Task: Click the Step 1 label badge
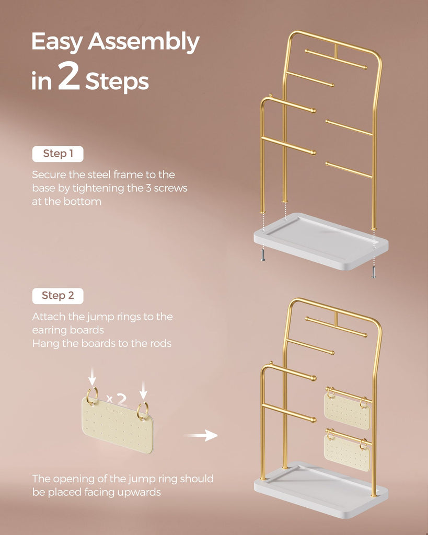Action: (57, 154)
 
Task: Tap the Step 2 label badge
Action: (57, 296)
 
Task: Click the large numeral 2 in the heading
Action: (69, 76)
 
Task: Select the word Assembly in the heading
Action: (143, 42)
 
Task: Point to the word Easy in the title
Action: (57, 42)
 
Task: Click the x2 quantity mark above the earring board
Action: (117, 399)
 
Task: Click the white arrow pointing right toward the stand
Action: (201, 435)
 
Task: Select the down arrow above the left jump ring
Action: (92, 377)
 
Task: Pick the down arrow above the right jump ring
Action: (143, 391)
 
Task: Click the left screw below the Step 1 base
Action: (263, 255)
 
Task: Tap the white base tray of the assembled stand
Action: (321, 490)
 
